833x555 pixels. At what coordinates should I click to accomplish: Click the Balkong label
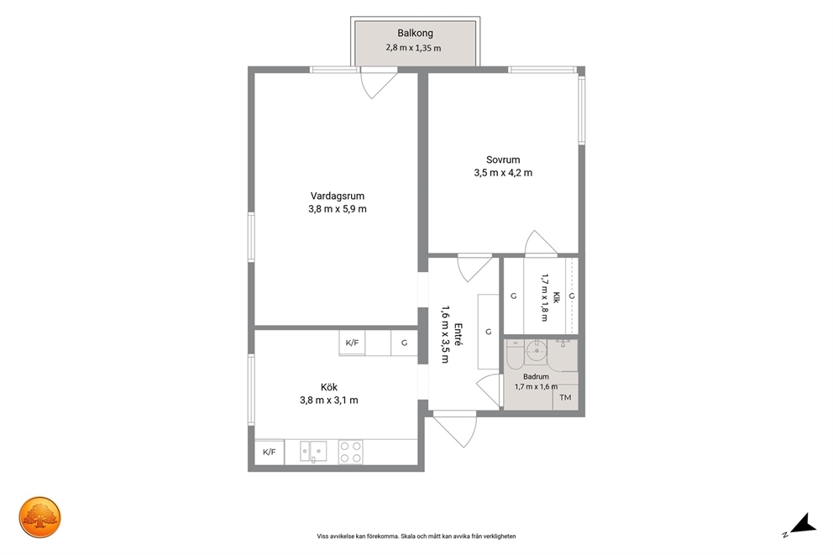point(415,33)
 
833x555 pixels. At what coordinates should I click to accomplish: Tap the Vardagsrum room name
point(338,196)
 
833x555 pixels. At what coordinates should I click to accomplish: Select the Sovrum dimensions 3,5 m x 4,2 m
point(503,173)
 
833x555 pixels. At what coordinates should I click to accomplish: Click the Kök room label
point(329,387)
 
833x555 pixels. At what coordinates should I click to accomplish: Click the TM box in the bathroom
point(565,397)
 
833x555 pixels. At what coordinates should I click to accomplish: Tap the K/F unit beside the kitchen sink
point(270,452)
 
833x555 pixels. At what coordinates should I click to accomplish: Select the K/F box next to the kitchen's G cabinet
point(352,343)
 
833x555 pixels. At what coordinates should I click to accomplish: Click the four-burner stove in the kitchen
point(351,452)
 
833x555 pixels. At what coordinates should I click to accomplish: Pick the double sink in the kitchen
point(313,452)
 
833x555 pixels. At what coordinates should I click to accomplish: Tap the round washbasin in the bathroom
point(537,350)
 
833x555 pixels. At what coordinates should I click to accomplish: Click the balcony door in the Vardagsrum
point(378,83)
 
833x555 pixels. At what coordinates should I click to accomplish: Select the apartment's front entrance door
point(455,429)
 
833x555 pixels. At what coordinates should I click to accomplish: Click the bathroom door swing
point(489,390)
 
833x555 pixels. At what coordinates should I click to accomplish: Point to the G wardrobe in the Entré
point(488,332)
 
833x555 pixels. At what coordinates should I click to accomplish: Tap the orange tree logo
point(40,517)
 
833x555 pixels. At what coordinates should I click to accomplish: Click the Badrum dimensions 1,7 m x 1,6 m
point(536,386)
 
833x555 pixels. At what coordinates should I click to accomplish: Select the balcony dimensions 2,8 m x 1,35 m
point(413,48)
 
